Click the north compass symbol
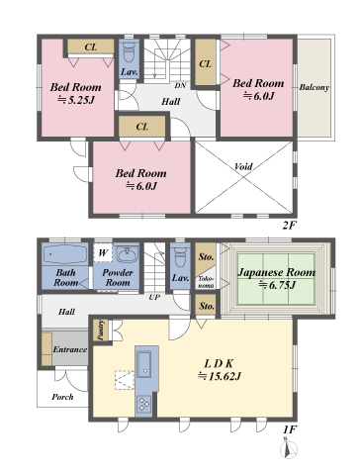[x=289, y=448]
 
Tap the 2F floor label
[x=290, y=226]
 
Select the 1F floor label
[x=290, y=429]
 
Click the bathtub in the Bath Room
[x=65, y=254]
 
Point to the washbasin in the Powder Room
[x=128, y=254]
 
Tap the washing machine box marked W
[x=103, y=253]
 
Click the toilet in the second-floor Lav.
[x=129, y=53]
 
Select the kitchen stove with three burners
[x=143, y=404]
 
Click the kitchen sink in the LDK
[x=144, y=364]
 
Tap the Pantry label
[x=101, y=331]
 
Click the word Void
[x=243, y=166]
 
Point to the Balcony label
[x=315, y=87]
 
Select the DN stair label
[x=180, y=86]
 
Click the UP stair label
[x=154, y=297]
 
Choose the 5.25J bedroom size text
[x=76, y=100]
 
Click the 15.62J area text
[x=220, y=376]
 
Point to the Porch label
[x=62, y=397]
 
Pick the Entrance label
[x=70, y=349]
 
